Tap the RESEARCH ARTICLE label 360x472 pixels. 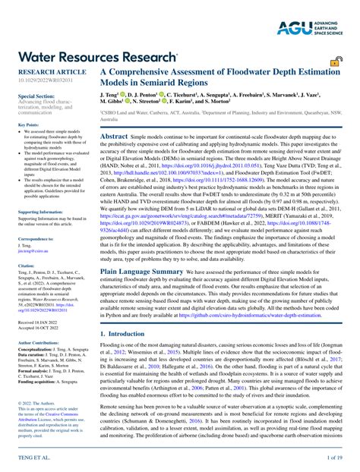click(x=46, y=70)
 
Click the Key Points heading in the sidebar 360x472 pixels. click(x=28, y=124)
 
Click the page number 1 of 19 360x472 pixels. click(x=336, y=458)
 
